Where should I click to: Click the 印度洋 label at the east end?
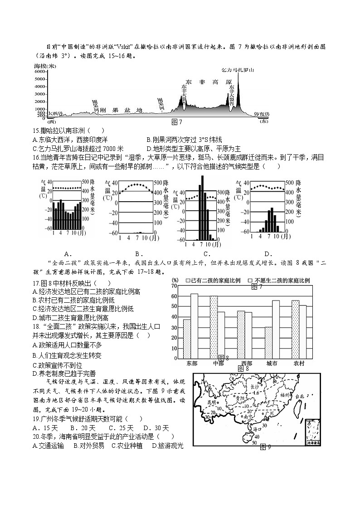click(x=262, y=114)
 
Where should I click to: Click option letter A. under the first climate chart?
click(x=67, y=253)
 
